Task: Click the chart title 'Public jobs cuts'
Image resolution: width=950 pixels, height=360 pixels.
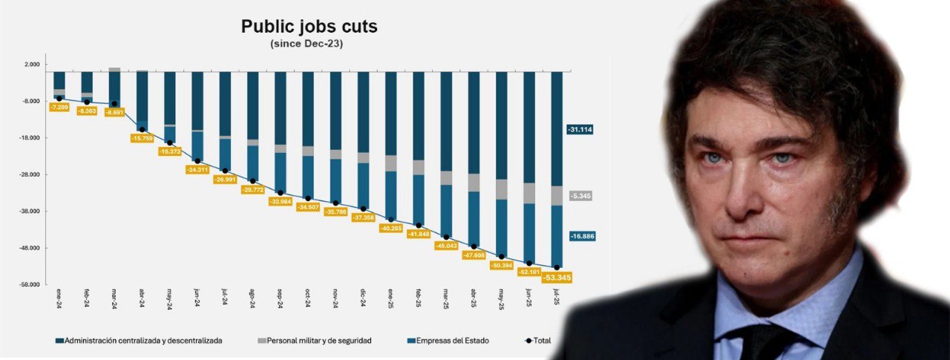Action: click(x=309, y=27)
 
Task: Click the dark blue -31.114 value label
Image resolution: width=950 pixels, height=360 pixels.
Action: click(x=580, y=129)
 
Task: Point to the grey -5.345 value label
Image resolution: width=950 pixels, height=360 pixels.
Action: click(x=580, y=196)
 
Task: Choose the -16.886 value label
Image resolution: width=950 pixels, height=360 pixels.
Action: click(x=580, y=236)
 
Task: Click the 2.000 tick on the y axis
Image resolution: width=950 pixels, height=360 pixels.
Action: click(x=32, y=65)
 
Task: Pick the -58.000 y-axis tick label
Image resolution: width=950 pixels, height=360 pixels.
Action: click(x=30, y=285)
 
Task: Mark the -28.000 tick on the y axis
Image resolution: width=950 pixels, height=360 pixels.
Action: click(x=30, y=175)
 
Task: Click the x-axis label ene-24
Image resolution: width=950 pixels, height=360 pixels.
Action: click(x=59, y=301)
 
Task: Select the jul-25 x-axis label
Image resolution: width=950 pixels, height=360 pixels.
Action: click(x=557, y=301)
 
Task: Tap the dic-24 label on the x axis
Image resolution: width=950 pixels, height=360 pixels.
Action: click(x=363, y=301)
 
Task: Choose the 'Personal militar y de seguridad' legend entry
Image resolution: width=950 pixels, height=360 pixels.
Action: click(x=315, y=341)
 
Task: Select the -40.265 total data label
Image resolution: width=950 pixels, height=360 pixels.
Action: click(x=390, y=229)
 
